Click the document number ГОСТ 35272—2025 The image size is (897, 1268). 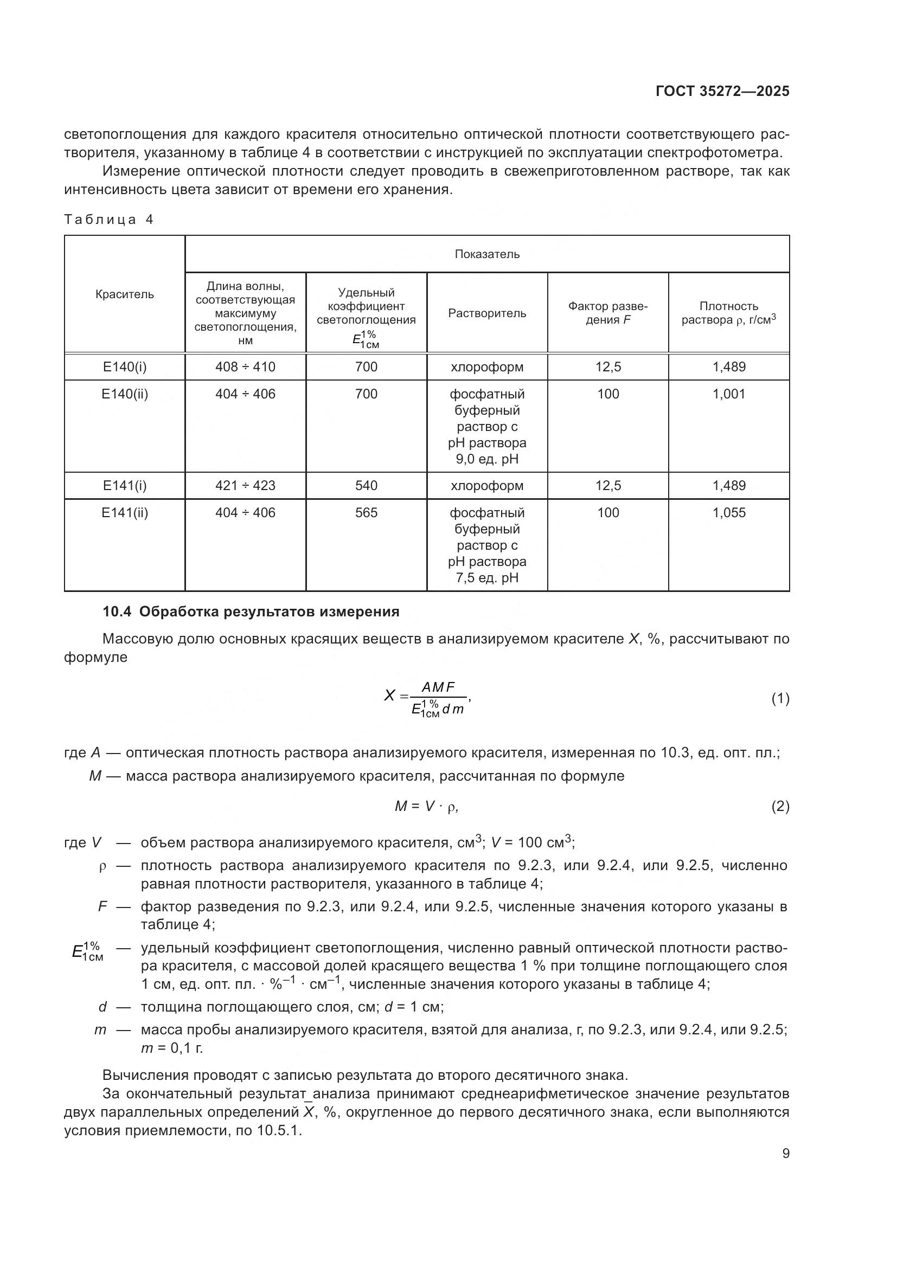pyautogui.click(x=722, y=92)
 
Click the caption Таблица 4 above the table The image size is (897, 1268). pyautogui.click(x=109, y=220)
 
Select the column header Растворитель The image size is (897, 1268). pyautogui.click(x=486, y=313)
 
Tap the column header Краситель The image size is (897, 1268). pyautogui.click(x=124, y=294)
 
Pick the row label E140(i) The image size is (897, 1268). pyautogui.click(x=124, y=366)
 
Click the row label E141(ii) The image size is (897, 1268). pyautogui.click(x=124, y=512)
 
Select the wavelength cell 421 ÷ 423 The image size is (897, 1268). pyautogui.click(x=245, y=485)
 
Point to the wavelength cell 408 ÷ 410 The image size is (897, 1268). pyautogui.click(x=245, y=366)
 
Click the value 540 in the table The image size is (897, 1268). pyautogui.click(x=366, y=485)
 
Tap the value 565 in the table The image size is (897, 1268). pyautogui.click(x=366, y=512)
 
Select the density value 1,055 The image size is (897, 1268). pyautogui.click(x=728, y=512)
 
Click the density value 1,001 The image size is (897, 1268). pyautogui.click(x=728, y=394)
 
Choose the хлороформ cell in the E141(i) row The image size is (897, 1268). pyautogui.click(x=486, y=485)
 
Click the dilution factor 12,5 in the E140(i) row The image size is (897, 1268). pyautogui.click(x=607, y=366)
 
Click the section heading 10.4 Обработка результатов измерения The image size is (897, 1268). pyautogui.click(x=251, y=612)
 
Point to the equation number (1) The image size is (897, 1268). pyautogui.click(x=780, y=699)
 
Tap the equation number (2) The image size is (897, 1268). pyautogui.click(x=780, y=807)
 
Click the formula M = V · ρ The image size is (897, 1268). pyautogui.click(x=426, y=807)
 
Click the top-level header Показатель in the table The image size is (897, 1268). pyautogui.click(x=486, y=254)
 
